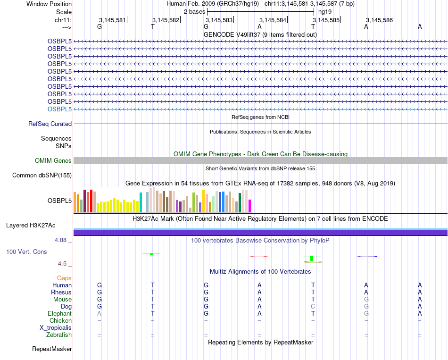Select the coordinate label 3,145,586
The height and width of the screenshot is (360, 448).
(x=379, y=20)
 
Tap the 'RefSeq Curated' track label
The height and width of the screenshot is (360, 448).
(x=50, y=124)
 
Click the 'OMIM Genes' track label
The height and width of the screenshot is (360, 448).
(x=53, y=161)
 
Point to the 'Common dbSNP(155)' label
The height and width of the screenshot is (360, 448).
(x=41, y=176)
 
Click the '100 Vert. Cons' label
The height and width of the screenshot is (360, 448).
(x=26, y=252)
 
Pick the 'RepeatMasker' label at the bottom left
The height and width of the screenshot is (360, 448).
(x=52, y=349)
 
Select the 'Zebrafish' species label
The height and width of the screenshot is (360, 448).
(x=59, y=335)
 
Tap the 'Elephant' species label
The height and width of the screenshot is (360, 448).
(x=59, y=314)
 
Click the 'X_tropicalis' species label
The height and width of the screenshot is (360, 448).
(x=56, y=328)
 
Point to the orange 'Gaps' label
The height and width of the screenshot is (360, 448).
(x=64, y=278)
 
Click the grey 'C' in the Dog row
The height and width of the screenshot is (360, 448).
(x=313, y=307)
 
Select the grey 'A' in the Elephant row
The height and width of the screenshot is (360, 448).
(x=99, y=314)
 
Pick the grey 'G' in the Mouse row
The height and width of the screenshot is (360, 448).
(x=366, y=300)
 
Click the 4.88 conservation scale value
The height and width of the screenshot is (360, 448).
(x=63, y=240)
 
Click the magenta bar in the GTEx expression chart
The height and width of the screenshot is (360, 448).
(x=249, y=206)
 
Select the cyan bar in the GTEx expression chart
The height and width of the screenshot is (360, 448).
(x=141, y=202)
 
